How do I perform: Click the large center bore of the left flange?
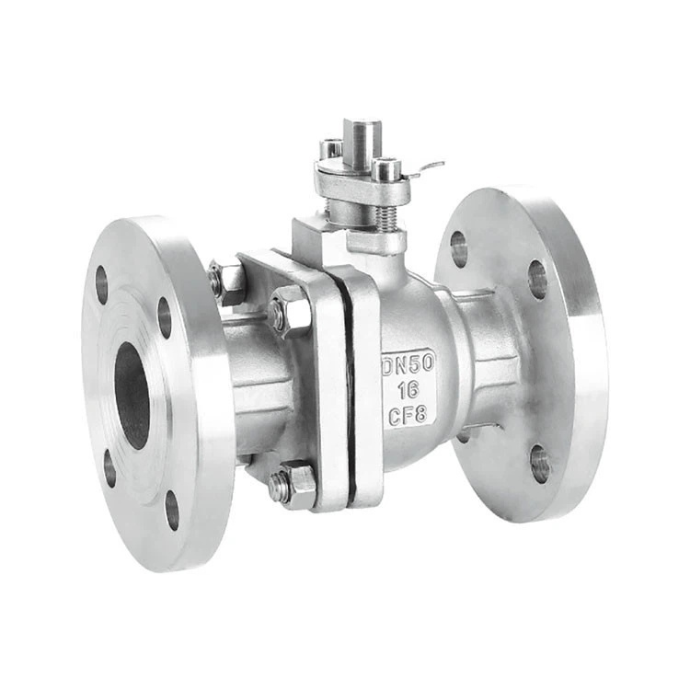point(132,397)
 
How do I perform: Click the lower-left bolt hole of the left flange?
point(109,468)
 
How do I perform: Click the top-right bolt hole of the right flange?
point(537,279)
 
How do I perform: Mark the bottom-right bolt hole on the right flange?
point(540,464)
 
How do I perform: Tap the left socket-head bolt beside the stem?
point(331,149)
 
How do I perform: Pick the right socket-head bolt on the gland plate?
point(387,169)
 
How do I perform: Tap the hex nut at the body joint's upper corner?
point(290,310)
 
